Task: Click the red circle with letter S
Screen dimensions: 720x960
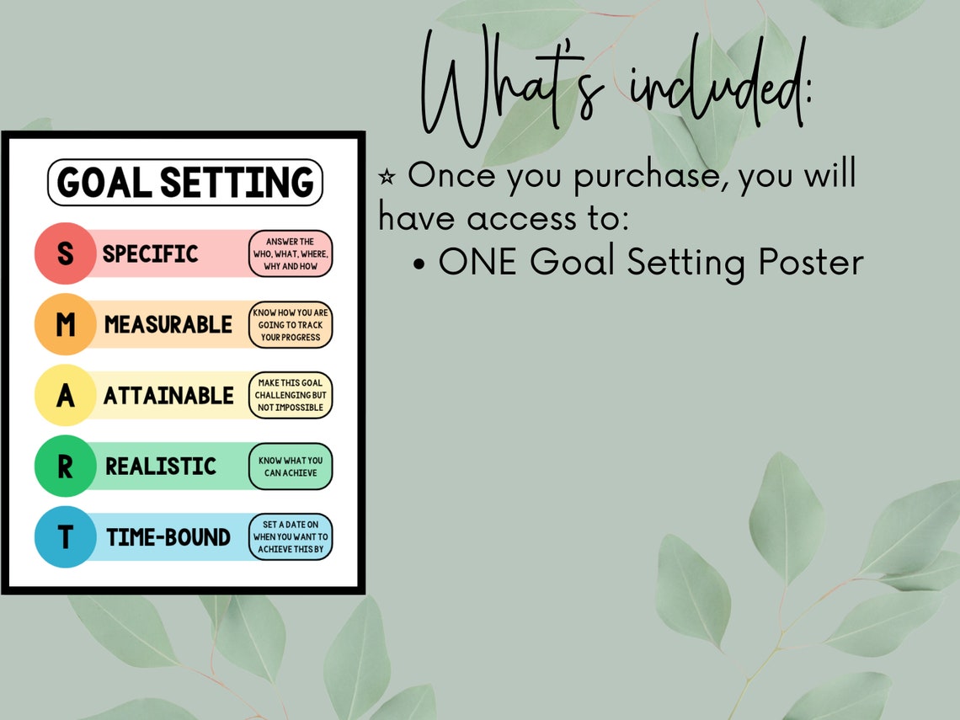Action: click(65, 253)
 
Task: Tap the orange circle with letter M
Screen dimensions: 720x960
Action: click(65, 324)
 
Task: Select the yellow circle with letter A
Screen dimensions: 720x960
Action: click(65, 395)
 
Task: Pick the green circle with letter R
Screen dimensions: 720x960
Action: click(65, 466)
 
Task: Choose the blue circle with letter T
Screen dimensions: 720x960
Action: click(65, 536)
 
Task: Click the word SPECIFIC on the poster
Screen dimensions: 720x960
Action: click(150, 253)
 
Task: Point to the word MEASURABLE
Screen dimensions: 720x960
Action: click(168, 324)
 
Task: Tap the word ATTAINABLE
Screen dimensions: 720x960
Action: click(168, 395)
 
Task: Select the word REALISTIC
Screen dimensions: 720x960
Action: click(161, 466)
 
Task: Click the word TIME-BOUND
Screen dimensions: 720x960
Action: click(168, 536)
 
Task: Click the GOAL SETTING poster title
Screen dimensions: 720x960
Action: click(185, 183)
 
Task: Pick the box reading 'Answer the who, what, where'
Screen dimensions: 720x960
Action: click(291, 253)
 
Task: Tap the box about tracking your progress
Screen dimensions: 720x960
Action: click(291, 324)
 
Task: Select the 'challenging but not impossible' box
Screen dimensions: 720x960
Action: click(291, 395)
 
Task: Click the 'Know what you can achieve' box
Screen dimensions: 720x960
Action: click(291, 467)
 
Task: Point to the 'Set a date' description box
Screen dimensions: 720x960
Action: click(291, 536)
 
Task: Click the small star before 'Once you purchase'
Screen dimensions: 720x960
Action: click(387, 177)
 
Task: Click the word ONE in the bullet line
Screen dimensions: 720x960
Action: click(479, 263)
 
